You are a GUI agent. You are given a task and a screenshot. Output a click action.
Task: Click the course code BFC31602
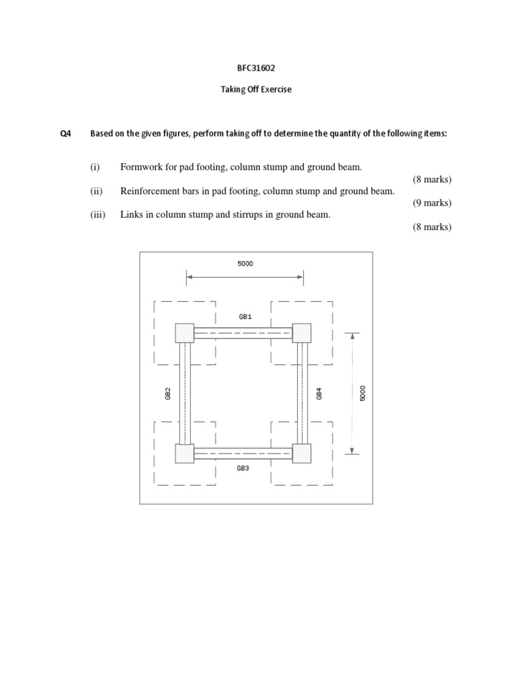click(256, 68)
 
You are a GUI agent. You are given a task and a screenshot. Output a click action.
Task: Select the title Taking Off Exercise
click(256, 90)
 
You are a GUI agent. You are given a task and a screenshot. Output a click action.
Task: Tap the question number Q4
click(65, 134)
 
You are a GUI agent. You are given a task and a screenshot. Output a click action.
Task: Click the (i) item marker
click(96, 167)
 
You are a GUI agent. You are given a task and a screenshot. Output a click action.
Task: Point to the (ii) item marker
click(97, 190)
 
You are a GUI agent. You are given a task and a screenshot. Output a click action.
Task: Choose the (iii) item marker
click(99, 214)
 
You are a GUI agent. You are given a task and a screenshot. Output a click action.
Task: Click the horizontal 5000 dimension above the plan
click(245, 264)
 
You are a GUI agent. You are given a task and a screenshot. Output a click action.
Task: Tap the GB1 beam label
click(245, 317)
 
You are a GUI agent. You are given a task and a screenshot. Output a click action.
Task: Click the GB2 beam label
click(169, 394)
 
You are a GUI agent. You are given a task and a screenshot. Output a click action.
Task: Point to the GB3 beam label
click(243, 469)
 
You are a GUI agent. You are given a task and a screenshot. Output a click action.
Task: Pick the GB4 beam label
click(320, 394)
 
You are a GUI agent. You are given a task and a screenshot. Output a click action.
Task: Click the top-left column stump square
click(185, 332)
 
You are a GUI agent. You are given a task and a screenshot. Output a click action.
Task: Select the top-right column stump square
click(302, 332)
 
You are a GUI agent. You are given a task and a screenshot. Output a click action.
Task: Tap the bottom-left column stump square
click(185, 454)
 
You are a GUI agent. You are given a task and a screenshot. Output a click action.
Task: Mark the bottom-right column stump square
click(302, 454)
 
